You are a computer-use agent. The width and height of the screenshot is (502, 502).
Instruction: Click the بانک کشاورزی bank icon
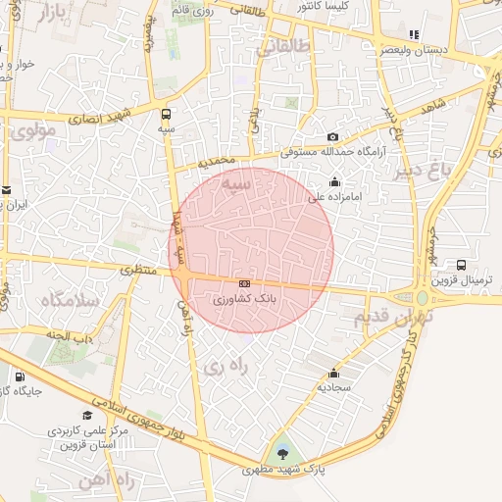pos(244,283)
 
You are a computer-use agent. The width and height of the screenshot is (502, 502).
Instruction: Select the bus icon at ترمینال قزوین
pos(461,265)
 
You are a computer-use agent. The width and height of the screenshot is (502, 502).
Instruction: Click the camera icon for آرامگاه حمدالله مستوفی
pos(333,137)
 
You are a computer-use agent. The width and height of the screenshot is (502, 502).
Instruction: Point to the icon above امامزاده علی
pos(335,181)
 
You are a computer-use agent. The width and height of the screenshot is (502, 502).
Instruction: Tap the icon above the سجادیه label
pos(333,373)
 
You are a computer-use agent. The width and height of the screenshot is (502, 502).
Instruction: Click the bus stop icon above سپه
pos(166,114)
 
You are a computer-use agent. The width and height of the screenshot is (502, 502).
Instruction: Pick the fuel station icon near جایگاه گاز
pos(19,376)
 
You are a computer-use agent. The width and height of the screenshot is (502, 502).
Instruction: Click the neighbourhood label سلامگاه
pos(68,299)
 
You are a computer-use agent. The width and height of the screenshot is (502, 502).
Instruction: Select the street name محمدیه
pos(217,159)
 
